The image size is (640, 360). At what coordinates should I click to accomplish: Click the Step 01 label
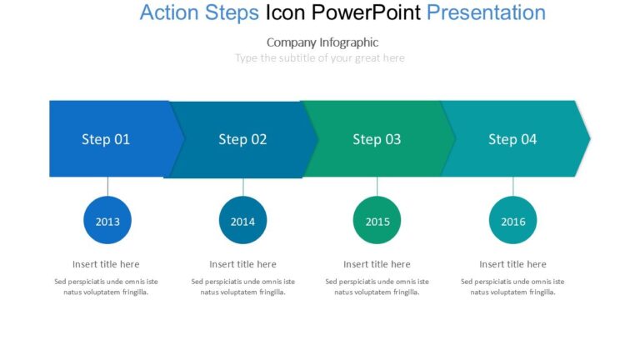106,139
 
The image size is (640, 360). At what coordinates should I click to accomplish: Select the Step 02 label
242,139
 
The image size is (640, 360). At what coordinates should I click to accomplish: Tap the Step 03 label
377,139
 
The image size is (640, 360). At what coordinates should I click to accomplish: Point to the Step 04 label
512,139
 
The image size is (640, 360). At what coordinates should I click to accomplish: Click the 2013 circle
107,220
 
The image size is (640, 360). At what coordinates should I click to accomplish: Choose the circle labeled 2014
242,220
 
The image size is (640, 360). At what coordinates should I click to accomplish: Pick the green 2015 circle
377,220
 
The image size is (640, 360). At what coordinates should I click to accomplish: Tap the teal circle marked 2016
513,220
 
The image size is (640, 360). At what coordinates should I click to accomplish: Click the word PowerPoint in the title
366,12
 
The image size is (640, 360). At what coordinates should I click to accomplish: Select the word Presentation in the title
486,12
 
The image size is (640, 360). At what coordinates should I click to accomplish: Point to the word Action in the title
169,12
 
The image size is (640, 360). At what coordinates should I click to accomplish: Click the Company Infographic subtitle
322,42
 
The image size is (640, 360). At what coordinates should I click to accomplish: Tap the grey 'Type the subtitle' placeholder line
320,58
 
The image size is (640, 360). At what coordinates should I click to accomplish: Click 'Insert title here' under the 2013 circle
106,264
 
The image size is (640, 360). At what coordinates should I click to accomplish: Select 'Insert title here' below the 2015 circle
377,264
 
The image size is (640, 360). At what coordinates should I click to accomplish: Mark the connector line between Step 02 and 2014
243,187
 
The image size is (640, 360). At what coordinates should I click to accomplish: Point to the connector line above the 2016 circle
513,187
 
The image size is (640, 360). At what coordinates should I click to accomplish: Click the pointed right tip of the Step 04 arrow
590,139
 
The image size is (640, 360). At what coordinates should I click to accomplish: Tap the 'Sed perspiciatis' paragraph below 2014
242,287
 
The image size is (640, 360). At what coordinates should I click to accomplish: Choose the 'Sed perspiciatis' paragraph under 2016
512,287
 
